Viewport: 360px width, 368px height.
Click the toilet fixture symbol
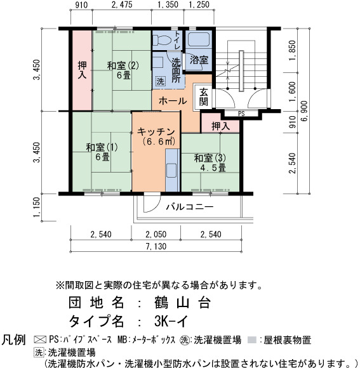(161, 40)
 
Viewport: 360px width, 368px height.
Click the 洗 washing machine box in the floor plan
(161, 81)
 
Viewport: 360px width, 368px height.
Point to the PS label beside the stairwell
(241, 114)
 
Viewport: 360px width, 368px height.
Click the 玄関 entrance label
(203, 96)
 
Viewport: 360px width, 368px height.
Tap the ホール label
(173, 101)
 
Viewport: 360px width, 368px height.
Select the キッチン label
(156, 132)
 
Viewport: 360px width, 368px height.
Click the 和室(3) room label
(210, 158)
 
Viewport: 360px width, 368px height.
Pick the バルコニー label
(190, 207)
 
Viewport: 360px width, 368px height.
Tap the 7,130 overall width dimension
(156, 246)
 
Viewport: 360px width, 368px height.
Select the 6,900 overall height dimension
(304, 111)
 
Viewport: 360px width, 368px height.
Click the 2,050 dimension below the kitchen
(156, 234)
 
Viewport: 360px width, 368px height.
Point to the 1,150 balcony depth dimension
(37, 207)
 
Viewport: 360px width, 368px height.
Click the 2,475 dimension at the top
(122, 4)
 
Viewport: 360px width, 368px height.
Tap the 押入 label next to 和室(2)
(82, 70)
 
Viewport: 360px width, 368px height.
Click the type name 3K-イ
(171, 321)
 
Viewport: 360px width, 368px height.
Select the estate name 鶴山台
(182, 303)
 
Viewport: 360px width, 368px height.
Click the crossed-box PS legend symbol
(40, 339)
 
